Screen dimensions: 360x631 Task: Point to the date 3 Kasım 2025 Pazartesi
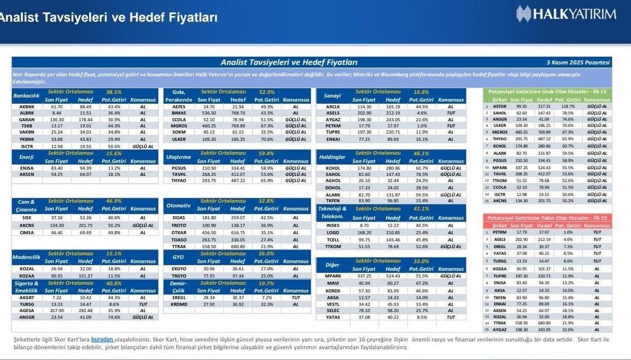pyautogui.click(x=578, y=62)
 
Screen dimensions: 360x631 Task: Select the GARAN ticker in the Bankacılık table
pyautogui.click(x=27, y=119)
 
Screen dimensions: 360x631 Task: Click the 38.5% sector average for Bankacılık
pyautogui.click(x=113, y=92)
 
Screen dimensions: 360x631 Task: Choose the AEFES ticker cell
pyautogui.click(x=179, y=107)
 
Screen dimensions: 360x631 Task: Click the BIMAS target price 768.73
pyautogui.click(x=238, y=113)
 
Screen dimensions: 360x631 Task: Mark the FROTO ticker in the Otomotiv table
pyautogui.click(x=179, y=225)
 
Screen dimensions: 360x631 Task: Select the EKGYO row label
pyautogui.click(x=179, y=268)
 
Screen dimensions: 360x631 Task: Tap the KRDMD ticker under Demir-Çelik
pyautogui.click(x=179, y=304)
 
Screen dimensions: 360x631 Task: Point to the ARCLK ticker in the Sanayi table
pyautogui.click(x=332, y=107)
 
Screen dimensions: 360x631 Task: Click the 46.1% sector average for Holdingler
pyautogui.click(x=421, y=153)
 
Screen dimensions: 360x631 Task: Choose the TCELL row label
pyautogui.click(x=332, y=240)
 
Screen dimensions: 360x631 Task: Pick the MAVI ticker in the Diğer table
pyautogui.click(x=332, y=283)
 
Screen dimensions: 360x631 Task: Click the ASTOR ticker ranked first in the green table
pyautogui.click(x=499, y=106)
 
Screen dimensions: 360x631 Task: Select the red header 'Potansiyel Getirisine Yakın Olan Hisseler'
pyautogui.click(x=547, y=217)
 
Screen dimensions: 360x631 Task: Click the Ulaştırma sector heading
pyautogui.click(x=179, y=157)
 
